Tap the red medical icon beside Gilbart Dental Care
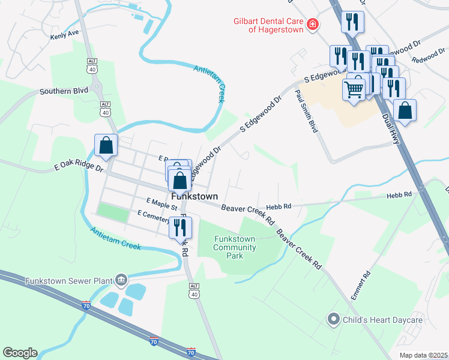pyautogui.click(x=312, y=25)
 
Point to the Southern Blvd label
pyautogui.click(x=64, y=91)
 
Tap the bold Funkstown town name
pyautogui.click(x=194, y=196)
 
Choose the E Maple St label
pyautogui.click(x=161, y=204)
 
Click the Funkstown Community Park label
pyautogui.click(x=235, y=247)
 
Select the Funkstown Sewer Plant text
pyautogui.click(x=69, y=281)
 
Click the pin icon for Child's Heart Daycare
pyautogui.click(x=334, y=320)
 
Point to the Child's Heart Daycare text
pyautogui.click(x=382, y=320)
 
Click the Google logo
pyautogui.click(x=20, y=353)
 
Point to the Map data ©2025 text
pyautogui.click(x=423, y=355)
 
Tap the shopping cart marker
pyautogui.click(x=354, y=89)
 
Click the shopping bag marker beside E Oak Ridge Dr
pyautogui.click(x=106, y=146)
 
